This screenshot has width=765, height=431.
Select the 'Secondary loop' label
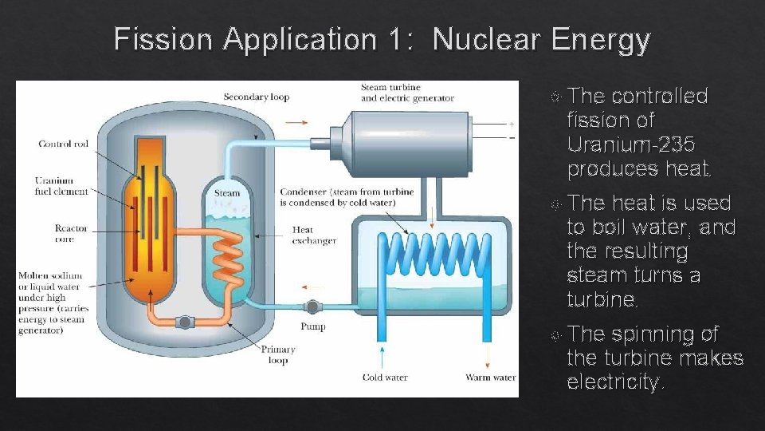pos(257,97)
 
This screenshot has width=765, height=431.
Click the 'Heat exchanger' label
pos(314,235)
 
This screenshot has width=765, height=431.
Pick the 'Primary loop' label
pos(277,354)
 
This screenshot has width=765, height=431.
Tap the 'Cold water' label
pos(385,378)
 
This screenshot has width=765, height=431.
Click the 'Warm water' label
pos(490,378)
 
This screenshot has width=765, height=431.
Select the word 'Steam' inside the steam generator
pos(227,193)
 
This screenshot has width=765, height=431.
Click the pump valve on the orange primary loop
pos(184,322)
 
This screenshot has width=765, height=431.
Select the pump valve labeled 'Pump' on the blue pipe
pos(312,306)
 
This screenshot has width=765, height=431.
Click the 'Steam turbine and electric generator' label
pos(407,93)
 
